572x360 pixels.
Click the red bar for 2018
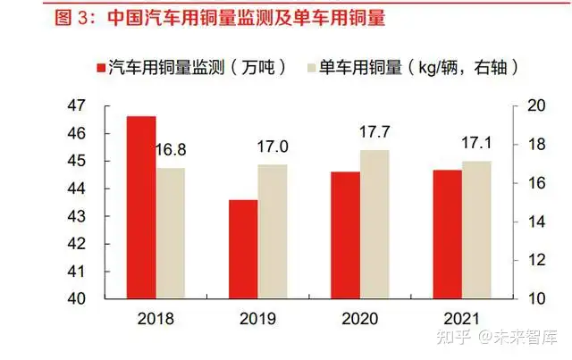click(x=141, y=207)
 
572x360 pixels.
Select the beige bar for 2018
click(x=170, y=233)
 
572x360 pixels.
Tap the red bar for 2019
click(x=243, y=249)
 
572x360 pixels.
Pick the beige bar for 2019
click(x=273, y=231)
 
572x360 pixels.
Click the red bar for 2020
click(x=345, y=235)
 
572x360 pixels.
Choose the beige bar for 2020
click(x=375, y=224)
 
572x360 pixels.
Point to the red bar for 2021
click(x=447, y=234)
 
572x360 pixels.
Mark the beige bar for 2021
click(x=476, y=230)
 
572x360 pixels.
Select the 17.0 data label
click(x=273, y=147)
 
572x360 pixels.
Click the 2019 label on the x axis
click(x=258, y=319)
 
